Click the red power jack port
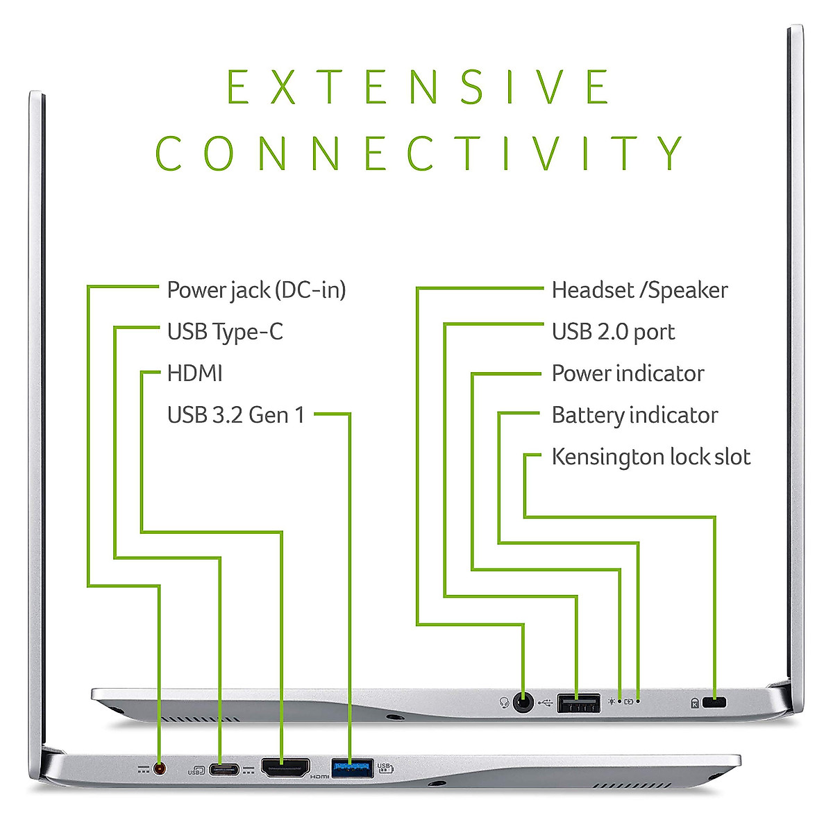coord(160,768)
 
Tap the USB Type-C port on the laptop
coord(222,769)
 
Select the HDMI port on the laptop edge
coord(285,768)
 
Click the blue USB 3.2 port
coord(352,768)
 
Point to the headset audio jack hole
coord(523,703)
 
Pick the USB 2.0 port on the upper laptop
coord(578,703)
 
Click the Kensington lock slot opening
coord(714,702)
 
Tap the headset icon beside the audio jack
coord(505,703)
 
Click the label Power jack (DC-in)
coord(256,290)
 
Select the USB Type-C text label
coord(225,332)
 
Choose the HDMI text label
coord(194,373)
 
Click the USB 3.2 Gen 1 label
coord(236,415)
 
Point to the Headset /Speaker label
coord(639,290)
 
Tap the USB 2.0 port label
coord(613,332)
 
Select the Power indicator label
coord(628,373)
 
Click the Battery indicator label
coord(634,415)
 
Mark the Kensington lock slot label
coord(650,457)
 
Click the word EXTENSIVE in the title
coord(419,87)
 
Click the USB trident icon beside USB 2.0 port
coord(545,703)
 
